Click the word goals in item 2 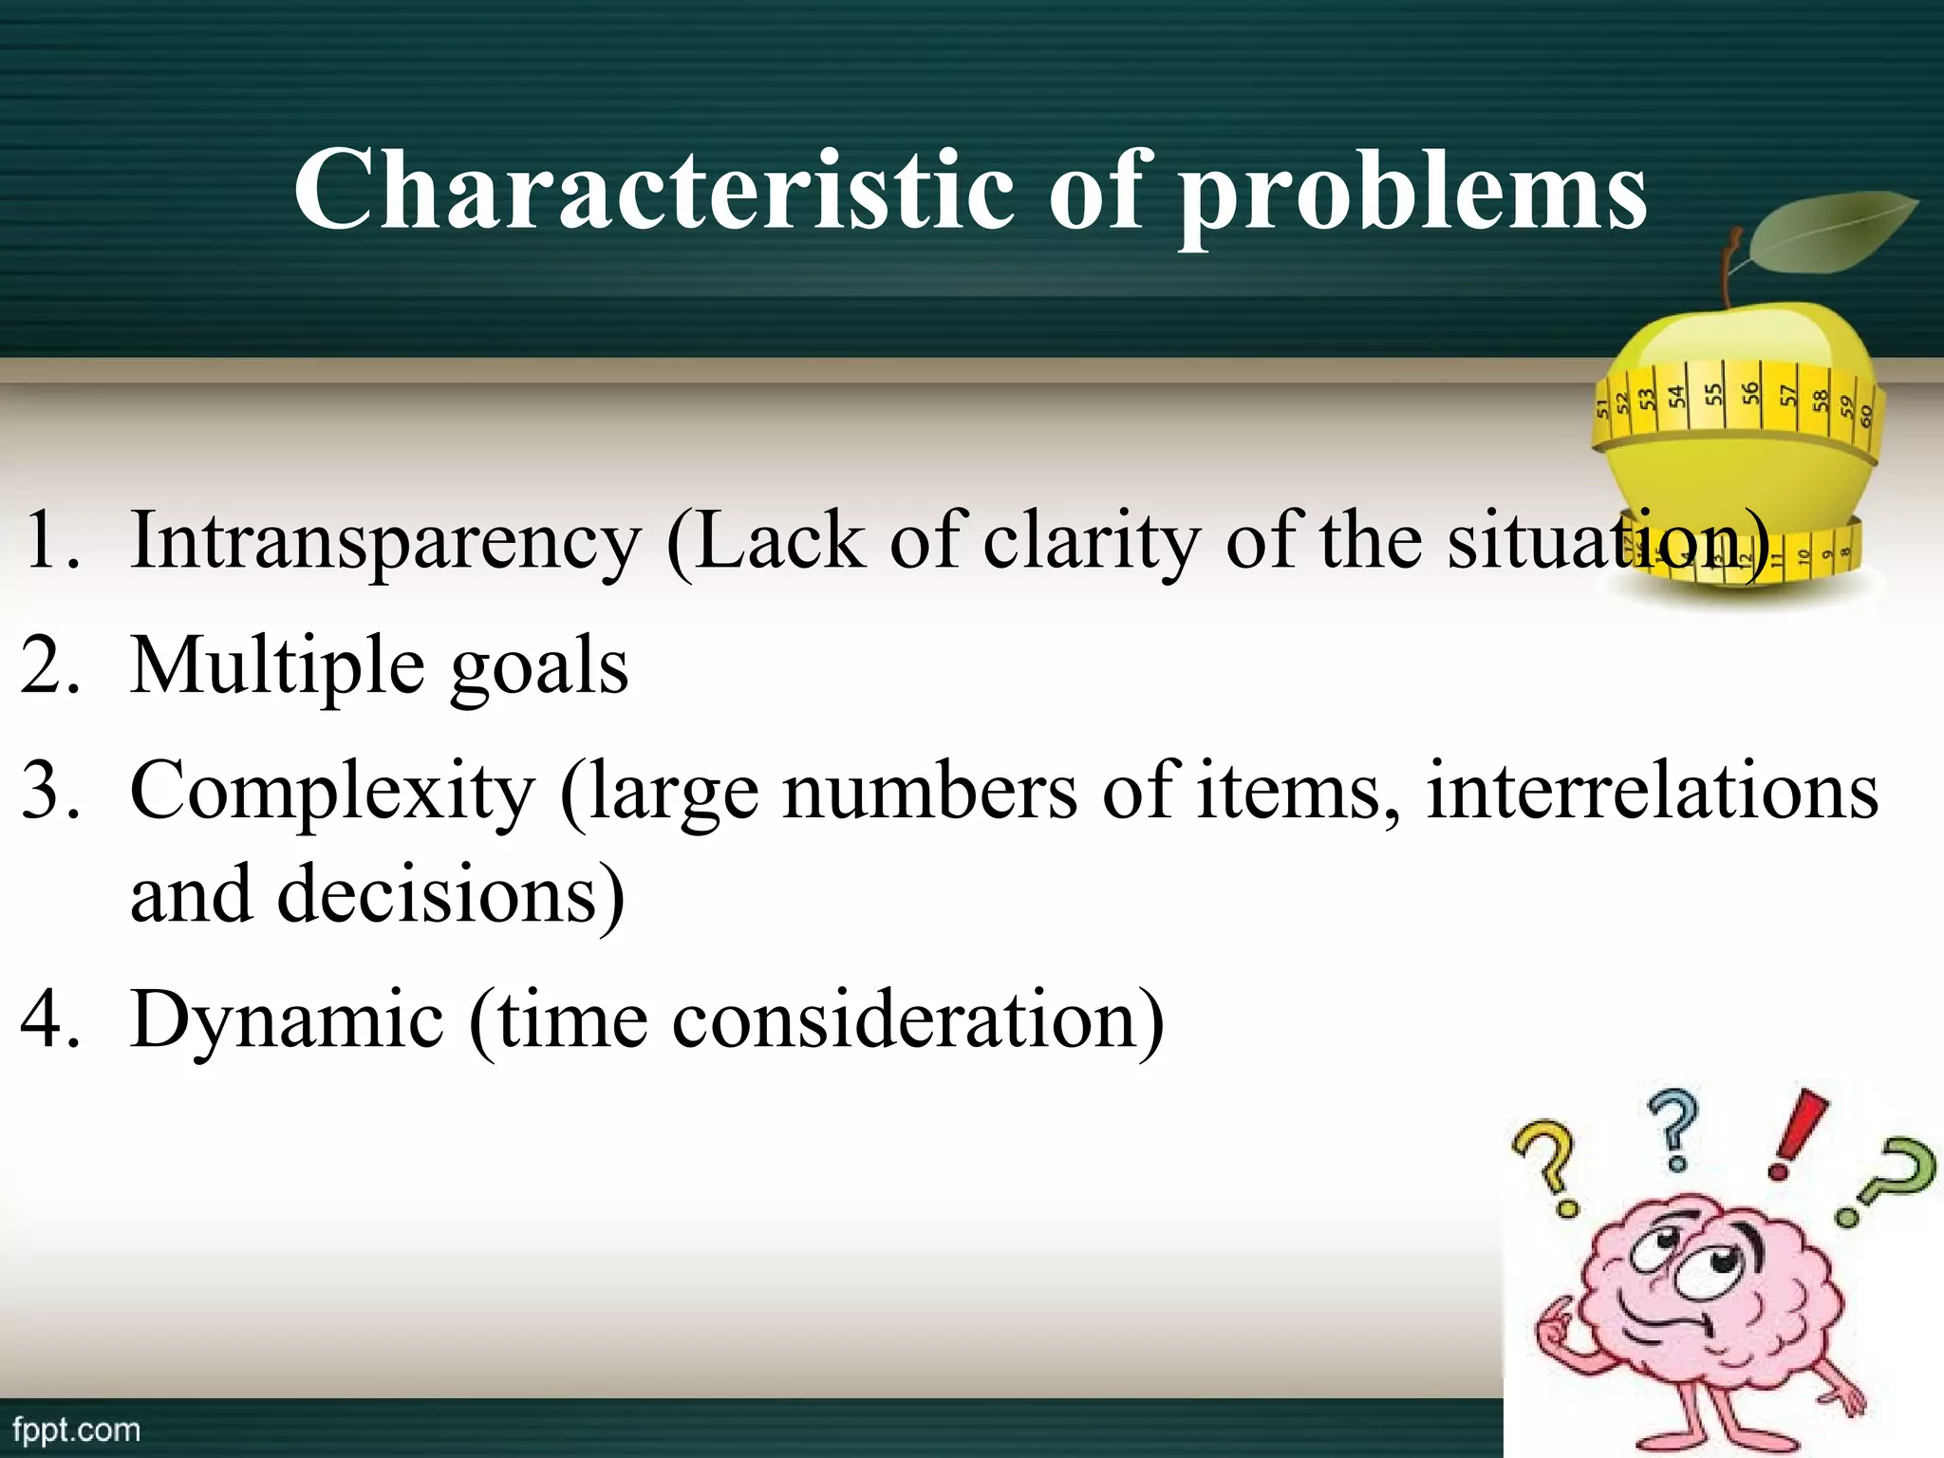click(538, 669)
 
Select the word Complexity click(332, 793)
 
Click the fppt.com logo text click(76, 1430)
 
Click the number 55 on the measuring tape click(1712, 393)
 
